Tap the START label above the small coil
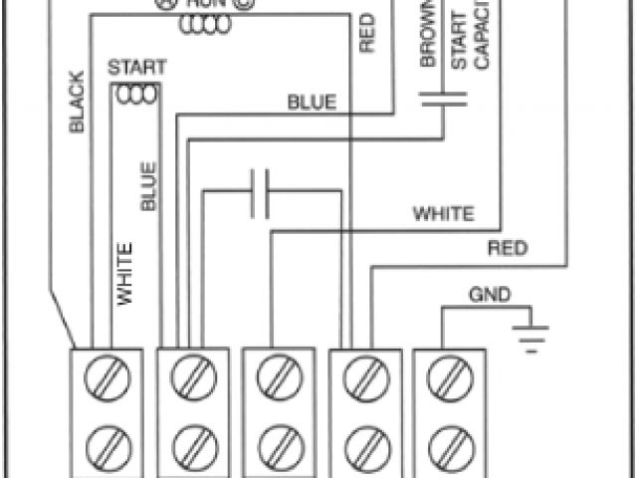point(137,69)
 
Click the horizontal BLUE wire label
point(313,102)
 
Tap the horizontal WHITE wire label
point(444,213)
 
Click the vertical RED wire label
point(366,32)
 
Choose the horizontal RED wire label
point(507,249)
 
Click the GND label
point(490,295)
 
